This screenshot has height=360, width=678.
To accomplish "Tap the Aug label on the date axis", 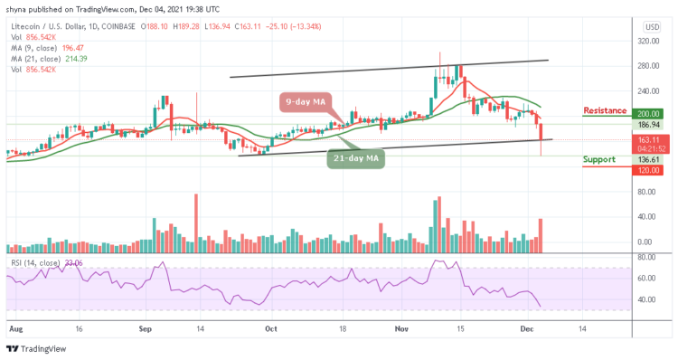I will pyautogui.click(x=14, y=330).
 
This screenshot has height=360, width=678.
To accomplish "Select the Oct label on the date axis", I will pyautogui.click(x=271, y=330).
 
